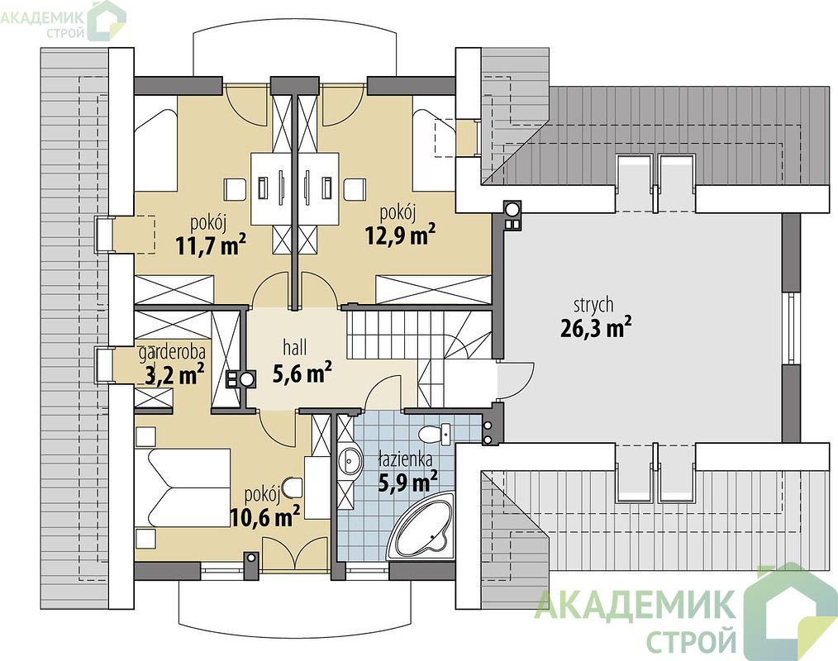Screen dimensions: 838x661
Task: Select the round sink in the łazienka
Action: pyautogui.click(x=350, y=459)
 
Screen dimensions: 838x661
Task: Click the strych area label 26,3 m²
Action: pyautogui.click(x=593, y=328)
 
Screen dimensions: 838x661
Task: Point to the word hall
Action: pyautogui.click(x=294, y=348)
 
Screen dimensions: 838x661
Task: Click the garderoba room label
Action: pyautogui.click(x=172, y=353)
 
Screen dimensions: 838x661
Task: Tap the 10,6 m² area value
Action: pyautogui.click(x=264, y=516)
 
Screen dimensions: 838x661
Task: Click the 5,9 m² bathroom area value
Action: pyautogui.click(x=407, y=481)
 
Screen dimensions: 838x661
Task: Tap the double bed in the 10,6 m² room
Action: pyautogui.click(x=183, y=487)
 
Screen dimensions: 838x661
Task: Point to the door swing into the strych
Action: pyautogui.click(x=516, y=380)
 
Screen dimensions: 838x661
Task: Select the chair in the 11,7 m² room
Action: pyautogui.click(x=234, y=188)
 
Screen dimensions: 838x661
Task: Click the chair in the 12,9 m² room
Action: pyautogui.click(x=355, y=188)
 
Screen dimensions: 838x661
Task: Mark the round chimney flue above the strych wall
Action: pyautogui.click(x=512, y=208)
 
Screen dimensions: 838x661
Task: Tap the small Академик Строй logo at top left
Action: pyautogui.click(x=63, y=21)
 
